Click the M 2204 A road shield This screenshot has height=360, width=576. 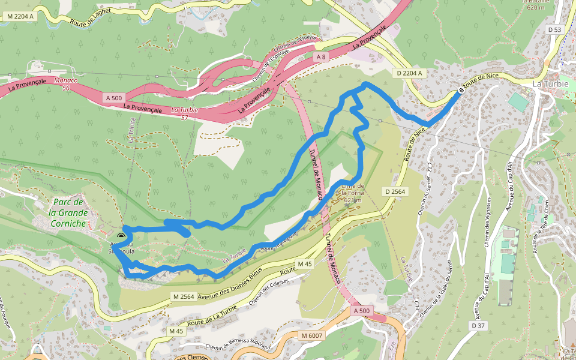(x=19, y=17)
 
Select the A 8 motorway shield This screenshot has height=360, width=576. (x=321, y=56)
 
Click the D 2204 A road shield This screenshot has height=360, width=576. (x=410, y=73)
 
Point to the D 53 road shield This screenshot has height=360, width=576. (x=554, y=29)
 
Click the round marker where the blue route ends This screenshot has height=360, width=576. (x=461, y=90)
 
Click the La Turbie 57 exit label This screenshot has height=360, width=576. (x=184, y=113)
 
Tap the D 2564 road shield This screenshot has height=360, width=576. (x=395, y=191)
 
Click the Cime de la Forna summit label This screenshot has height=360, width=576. (x=352, y=193)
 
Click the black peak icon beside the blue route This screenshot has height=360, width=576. (x=122, y=236)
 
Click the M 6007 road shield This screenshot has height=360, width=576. (x=312, y=335)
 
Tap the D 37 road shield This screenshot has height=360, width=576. (x=478, y=325)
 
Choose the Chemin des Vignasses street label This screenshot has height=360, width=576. (x=488, y=222)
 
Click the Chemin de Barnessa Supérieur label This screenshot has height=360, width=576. (x=238, y=346)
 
